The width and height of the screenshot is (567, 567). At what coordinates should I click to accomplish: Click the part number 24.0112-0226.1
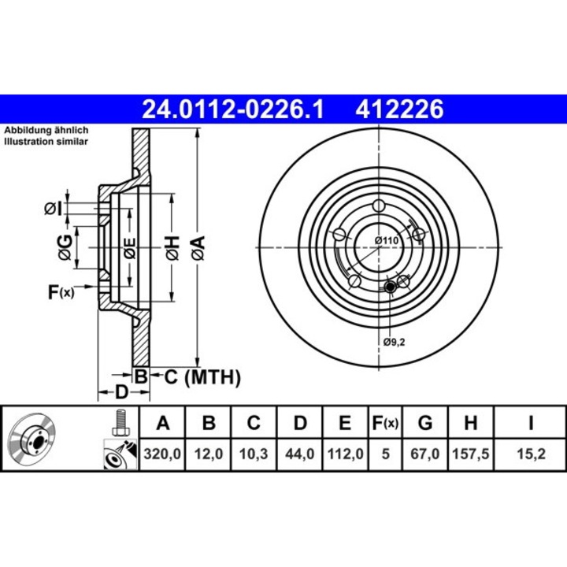[x=232, y=109]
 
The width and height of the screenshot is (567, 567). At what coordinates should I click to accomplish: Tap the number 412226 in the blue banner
[x=399, y=109]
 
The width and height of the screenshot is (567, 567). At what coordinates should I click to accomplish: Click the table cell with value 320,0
[x=162, y=454]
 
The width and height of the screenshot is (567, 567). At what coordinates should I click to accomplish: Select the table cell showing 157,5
[x=470, y=454]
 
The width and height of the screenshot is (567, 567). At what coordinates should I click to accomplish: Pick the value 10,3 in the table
[x=254, y=454]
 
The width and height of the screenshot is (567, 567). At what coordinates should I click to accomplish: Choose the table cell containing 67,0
[x=425, y=454]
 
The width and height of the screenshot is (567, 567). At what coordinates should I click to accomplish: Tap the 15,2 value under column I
[x=531, y=454]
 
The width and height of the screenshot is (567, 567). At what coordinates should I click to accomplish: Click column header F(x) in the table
[x=385, y=422]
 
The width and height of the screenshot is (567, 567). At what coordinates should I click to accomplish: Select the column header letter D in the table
[x=300, y=422]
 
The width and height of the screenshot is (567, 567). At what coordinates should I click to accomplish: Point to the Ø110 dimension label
[x=386, y=240]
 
